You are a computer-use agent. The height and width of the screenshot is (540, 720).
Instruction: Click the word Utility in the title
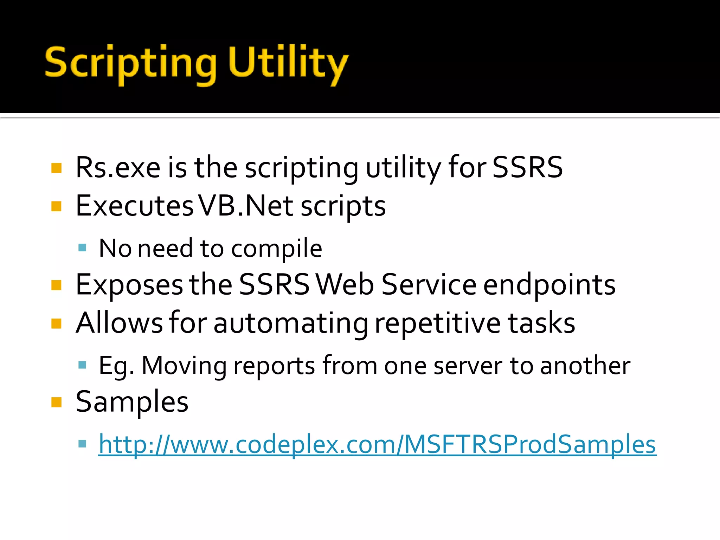click(x=288, y=63)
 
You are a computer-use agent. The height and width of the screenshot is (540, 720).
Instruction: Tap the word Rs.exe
click(x=118, y=167)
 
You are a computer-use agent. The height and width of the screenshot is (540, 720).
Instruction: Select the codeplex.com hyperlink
click(x=377, y=444)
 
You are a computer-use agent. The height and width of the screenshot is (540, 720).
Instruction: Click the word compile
click(x=276, y=248)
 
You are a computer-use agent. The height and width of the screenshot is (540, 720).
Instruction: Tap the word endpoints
click(x=549, y=285)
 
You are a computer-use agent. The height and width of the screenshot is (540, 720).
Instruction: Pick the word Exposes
click(x=129, y=285)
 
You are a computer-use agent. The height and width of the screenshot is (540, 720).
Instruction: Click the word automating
click(x=290, y=323)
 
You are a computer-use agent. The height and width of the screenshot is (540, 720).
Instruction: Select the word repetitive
click(x=437, y=323)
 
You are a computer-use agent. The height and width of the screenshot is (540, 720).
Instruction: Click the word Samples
click(x=132, y=401)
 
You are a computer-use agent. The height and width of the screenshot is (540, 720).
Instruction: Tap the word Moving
click(x=184, y=366)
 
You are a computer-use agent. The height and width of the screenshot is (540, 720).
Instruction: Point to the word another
click(x=585, y=366)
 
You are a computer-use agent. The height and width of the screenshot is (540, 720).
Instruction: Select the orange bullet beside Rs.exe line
click(x=56, y=168)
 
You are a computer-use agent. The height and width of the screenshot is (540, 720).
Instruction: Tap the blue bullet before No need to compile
click(x=82, y=248)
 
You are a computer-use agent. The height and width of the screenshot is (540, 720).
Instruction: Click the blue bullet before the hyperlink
click(x=82, y=443)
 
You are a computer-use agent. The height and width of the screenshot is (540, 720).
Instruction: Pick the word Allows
click(x=119, y=323)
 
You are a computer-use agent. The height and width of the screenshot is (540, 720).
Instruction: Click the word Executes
click(x=134, y=206)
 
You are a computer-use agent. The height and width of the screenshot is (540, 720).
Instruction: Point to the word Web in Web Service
click(x=345, y=285)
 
